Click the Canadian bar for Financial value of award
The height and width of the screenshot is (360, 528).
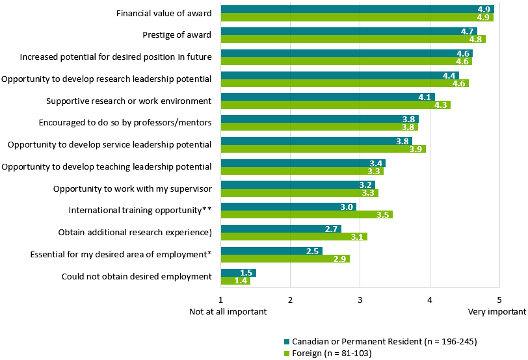click(x=358, y=9)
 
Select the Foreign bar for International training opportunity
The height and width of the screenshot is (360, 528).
click(x=307, y=214)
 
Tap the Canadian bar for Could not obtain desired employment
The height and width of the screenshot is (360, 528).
click(x=239, y=273)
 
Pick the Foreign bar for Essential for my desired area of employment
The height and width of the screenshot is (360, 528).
click(x=285, y=259)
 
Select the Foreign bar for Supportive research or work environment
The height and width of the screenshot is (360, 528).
click(x=336, y=105)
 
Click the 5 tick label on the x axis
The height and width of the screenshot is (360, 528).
click(x=499, y=299)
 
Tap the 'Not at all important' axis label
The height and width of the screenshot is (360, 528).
click(x=228, y=311)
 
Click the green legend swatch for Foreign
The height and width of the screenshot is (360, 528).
click(x=286, y=353)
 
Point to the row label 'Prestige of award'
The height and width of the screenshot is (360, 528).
click(x=177, y=35)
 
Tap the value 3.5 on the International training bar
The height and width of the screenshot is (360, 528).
click(x=384, y=214)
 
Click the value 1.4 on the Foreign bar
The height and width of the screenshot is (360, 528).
click(x=241, y=281)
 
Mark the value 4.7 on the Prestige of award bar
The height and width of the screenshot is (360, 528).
click(x=467, y=31)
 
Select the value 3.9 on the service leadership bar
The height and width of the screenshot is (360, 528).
click(x=416, y=149)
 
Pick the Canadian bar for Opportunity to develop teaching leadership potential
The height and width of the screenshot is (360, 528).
click(x=303, y=163)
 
